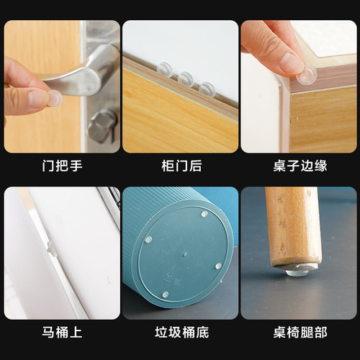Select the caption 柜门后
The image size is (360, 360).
[180, 166]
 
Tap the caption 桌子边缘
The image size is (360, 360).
[300, 166]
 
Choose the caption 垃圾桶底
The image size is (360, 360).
[180, 333]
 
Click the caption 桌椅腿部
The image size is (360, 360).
[300, 333]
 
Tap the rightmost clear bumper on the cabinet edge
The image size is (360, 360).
[207, 89]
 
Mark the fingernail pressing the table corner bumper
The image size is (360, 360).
[292, 62]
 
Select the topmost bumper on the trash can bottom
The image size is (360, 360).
[204, 214]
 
